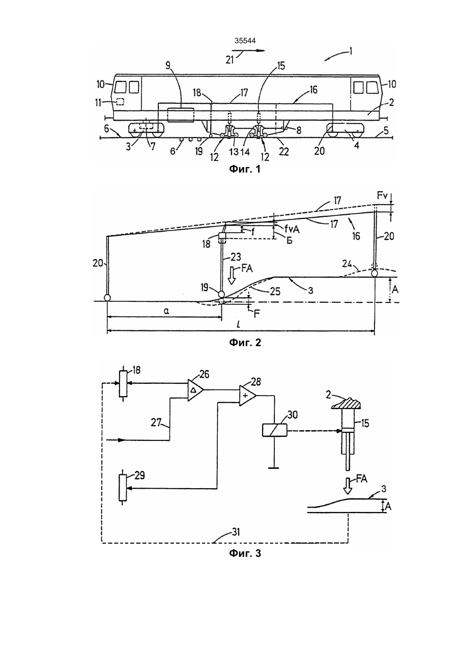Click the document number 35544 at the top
(x=245, y=41)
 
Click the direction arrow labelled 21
(x=248, y=50)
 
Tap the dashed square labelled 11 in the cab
(x=120, y=101)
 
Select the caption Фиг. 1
(x=245, y=169)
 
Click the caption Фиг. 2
(x=245, y=343)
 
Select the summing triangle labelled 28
(x=247, y=396)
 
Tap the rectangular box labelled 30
(x=274, y=430)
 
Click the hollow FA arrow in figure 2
(x=232, y=277)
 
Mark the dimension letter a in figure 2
(x=166, y=311)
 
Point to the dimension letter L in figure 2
(x=238, y=325)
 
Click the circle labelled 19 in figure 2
(x=221, y=295)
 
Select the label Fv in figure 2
(x=382, y=196)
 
